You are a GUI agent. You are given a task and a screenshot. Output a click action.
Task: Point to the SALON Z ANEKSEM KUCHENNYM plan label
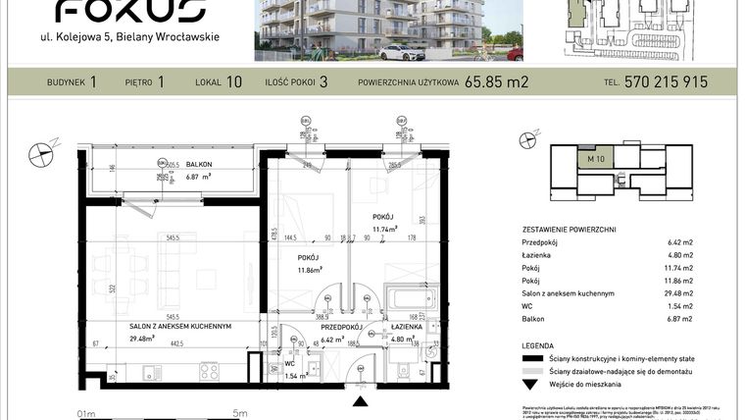coord(179,326)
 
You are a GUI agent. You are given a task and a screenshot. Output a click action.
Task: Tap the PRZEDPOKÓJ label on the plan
coord(343,327)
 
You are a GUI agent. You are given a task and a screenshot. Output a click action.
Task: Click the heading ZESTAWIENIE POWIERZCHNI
coord(568,228)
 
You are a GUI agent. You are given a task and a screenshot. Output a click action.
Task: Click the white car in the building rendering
coord(401,50)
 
